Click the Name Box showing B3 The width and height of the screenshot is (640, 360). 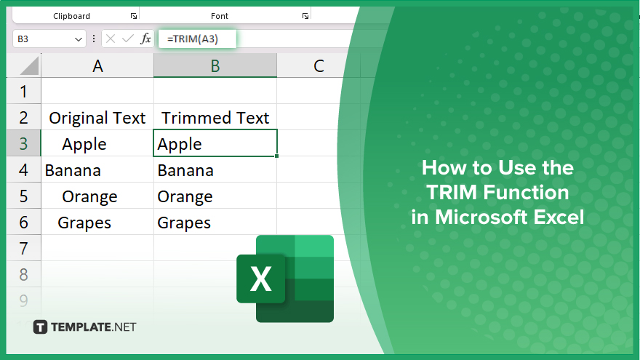[x=49, y=39]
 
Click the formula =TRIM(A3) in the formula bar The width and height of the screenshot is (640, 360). [x=193, y=39]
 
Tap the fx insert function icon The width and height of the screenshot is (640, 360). [x=145, y=39]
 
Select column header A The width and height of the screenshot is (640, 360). [x=97, y=65]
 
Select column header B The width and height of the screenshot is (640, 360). [x=215, y=65]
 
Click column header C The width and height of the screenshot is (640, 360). [x=319, y=65]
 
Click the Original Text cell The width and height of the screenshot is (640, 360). [x=97, y=118]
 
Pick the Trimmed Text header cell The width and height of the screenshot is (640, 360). [x=215, y=118]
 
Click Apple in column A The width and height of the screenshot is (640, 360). [x=84, y=144]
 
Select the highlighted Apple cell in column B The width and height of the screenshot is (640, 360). [x=215, y=143]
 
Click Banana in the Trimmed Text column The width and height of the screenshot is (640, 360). [x=185, y=170]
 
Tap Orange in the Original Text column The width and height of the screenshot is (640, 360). [x=89, y=197]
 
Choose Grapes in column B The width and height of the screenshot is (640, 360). [x=184, y=223]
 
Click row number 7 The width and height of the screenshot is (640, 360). [x=24, y=248]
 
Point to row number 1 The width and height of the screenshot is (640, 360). [x=24, y=91]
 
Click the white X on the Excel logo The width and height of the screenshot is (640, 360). [x=261, y=279]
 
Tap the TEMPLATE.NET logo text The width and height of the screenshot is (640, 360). [x=94, y=327]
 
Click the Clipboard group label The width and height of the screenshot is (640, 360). [x=71, y=16]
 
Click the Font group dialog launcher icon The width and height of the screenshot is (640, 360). [x=305, y=16]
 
